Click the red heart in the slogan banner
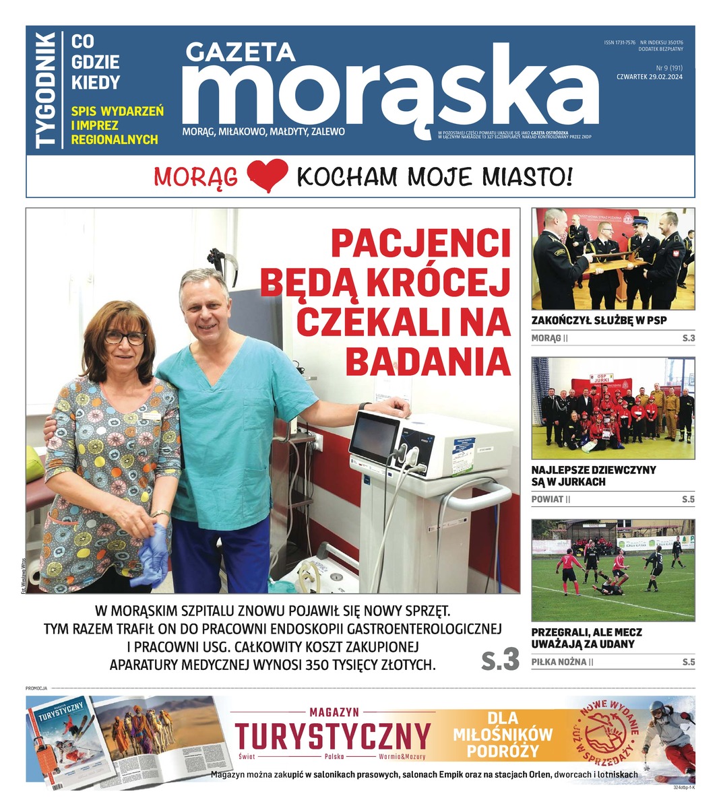pyautogui.click(x=268, y=176)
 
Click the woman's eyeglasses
pyautogui.click(x=125, y=337)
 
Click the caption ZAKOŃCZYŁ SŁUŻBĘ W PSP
pyautogui.click(x=599, y=321)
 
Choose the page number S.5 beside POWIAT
pyautogui.click(x=687, y=500)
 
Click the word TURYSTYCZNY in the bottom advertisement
pyautogui.click(x=332, y=735)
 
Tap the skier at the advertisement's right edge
pyautogui.click(x=667, y=734)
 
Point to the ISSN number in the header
pyautogui.click(x=620, y=42)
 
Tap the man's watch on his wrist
pyautogui.click(x=365, y=406)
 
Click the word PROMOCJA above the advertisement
pyautogui.click(x=36, y=688)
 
